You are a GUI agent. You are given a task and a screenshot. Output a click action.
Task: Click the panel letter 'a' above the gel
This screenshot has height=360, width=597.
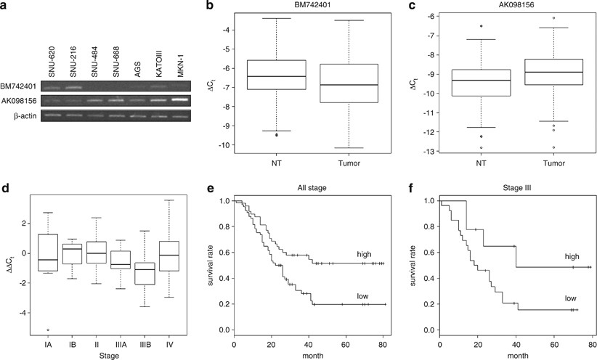coord(5,7)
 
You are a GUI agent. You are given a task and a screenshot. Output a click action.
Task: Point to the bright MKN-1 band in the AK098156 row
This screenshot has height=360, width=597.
coord(177,99)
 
